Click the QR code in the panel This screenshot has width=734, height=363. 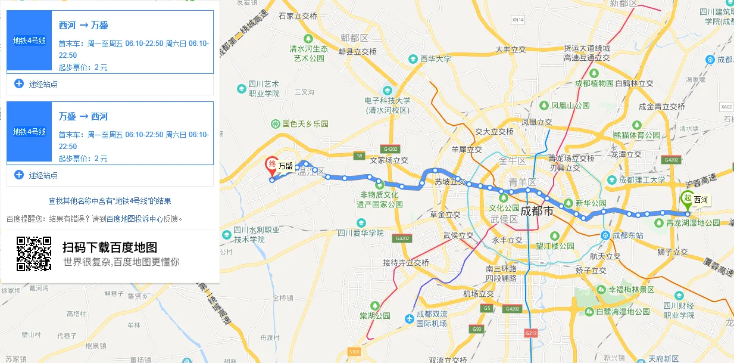[x=34, y=254]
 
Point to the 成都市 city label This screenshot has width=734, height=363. [x=537, y=211]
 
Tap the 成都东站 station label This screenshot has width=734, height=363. [x=627, y=235]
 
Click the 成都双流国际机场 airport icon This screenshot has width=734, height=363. [x=410, y=318]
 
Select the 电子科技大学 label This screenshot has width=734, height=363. [x=388, y=101]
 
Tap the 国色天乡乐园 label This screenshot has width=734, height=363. [x=305, y=124]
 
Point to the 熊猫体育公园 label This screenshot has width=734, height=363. [x=636, y=135]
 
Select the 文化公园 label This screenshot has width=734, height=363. [x=504, y=208]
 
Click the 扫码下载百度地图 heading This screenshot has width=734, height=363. [x=110, y=247]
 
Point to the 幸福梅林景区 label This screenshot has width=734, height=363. [x=630, y=290]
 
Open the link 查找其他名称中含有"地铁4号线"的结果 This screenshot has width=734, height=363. [x=110, y=201]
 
